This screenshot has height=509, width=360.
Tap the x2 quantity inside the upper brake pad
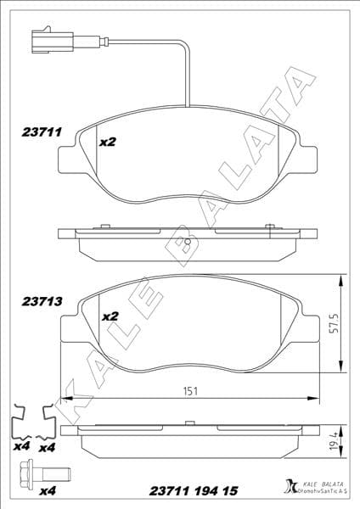tap(108, 143)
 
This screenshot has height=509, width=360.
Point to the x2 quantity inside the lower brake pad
tap(110, 316)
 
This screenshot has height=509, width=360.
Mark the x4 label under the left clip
tap(20, 447)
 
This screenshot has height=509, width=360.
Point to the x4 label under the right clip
tap(48, 447)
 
